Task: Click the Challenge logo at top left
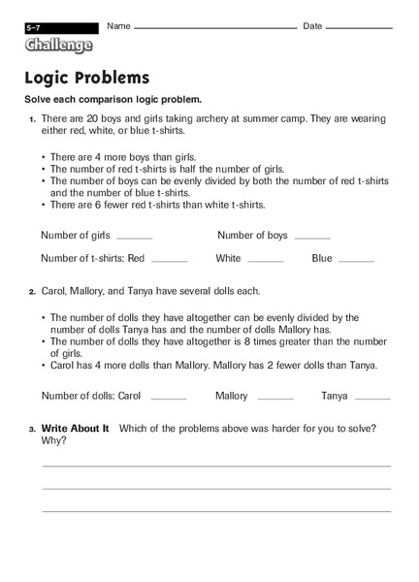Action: (60, 45)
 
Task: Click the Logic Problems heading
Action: (87, 78)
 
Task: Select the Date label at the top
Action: (312, 25)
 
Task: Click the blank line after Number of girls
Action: (134, 238)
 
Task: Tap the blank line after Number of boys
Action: (312, 238)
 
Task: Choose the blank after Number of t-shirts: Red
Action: (169, 261)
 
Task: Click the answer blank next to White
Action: (266, 261)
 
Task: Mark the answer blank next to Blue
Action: (356, 261)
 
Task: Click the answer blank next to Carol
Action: (168, 399)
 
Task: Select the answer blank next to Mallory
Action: (275, 399)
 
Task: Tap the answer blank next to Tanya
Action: (372, 399)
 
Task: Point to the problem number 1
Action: (31, 118)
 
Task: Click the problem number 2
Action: (31, 291)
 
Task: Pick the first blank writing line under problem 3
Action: (216, 466)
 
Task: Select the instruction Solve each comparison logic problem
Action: (113, 100)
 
